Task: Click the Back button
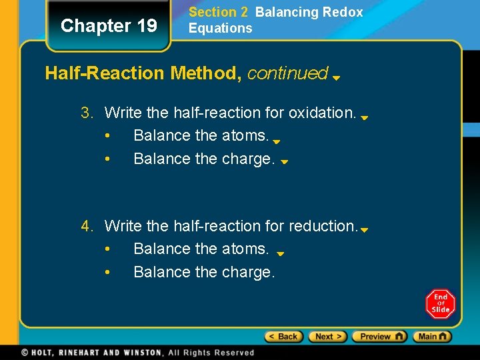(x=284, y=337)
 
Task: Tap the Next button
(x=327, y=337)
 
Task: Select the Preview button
(x=379, y=337)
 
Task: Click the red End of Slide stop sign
(x=440, y=304)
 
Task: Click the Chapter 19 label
(x=109, y=26)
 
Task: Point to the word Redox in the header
(x=346, y=12)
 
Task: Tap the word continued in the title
(x=287, y=73)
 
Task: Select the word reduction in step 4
(x=323, y=226)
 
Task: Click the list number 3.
(x=87, y=113)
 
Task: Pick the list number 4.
(x=87, y=226)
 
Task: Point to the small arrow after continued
(x=337, y=77)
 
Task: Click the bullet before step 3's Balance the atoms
(x=108, y=136)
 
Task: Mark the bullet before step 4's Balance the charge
(x=108, y=272)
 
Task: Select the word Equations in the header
(x=220, y=28)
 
